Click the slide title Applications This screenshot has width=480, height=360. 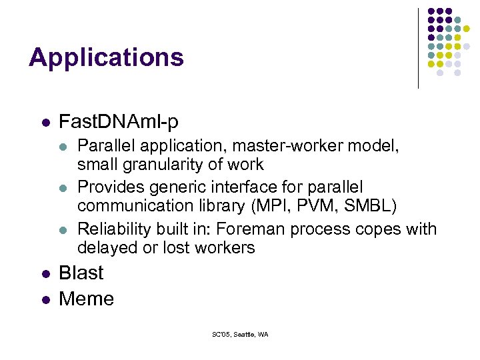(106, 57)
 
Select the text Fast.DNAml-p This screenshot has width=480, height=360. (119, 122)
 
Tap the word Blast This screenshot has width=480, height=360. (81, 273)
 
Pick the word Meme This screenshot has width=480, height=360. (86, 299)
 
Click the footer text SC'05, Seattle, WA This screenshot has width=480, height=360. (240, 334)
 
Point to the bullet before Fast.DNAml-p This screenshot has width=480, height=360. (45, 123)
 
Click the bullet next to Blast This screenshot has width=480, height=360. (45, 273)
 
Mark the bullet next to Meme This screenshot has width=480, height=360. (45, 299)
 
